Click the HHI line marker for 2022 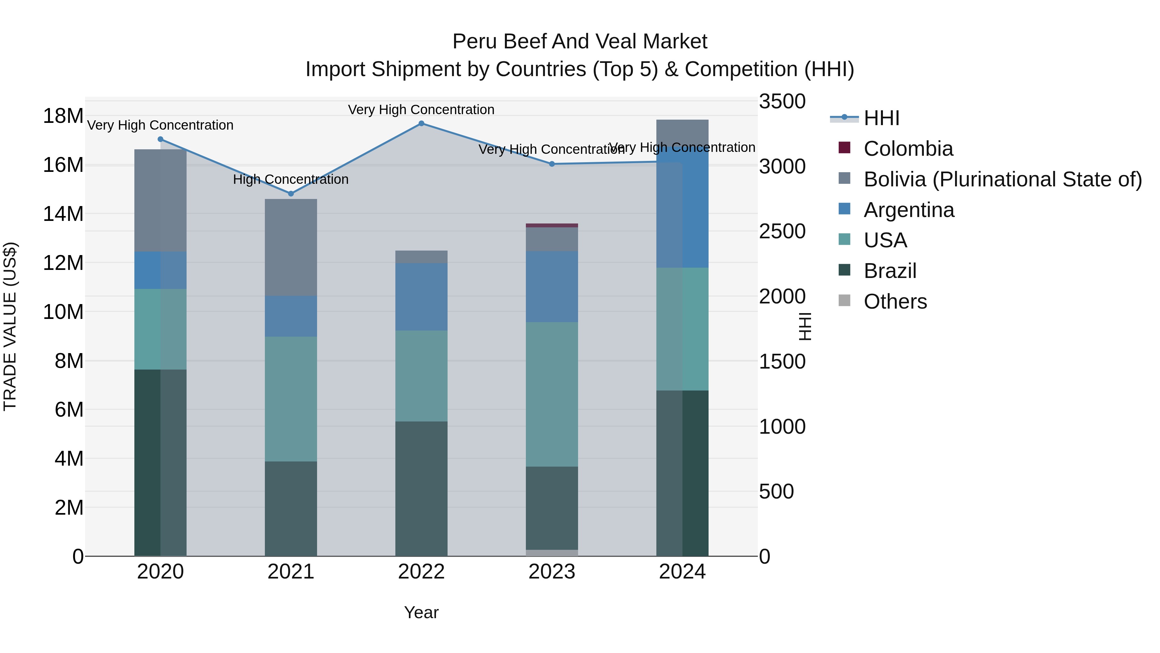(421, 124)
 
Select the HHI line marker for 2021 (291, 194)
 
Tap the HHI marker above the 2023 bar (552, 164)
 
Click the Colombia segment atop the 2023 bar (552, 225)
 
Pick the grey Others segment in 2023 (552, 553)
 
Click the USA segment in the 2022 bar (421, 376)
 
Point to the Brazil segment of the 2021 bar (291, 509)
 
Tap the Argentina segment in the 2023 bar (552, 287)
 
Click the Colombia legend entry (908, 149)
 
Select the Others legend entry (895, 302)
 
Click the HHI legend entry (881, 118)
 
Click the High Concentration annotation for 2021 (291, 179)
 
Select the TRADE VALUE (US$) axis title (10, 326)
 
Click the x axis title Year (421, 612)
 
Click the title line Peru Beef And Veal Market (580, 42)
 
